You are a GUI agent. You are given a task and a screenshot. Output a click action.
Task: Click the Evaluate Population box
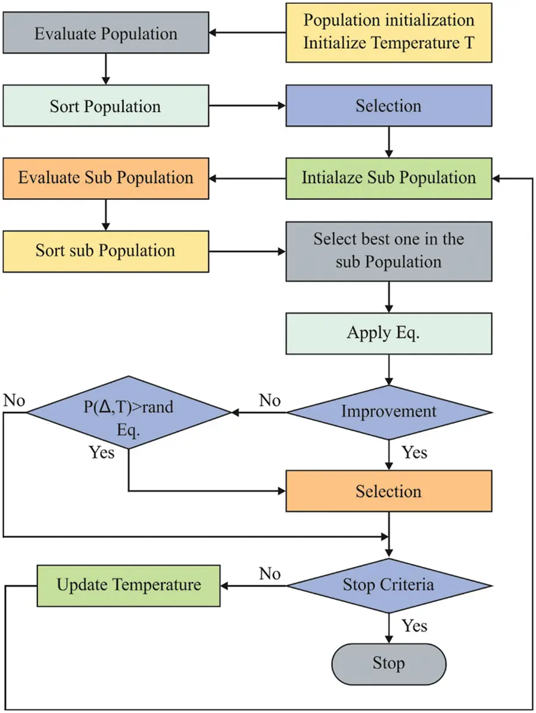105,33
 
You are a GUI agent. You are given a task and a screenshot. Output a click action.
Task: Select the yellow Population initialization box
389,32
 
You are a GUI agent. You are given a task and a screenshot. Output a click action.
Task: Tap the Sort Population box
105,106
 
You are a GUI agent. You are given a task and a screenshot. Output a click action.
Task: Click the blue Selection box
389,105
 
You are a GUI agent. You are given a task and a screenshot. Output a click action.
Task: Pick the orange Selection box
389,491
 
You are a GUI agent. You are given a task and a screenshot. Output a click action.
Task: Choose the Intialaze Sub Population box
389,178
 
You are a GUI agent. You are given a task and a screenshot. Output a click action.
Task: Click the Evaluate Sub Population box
105,178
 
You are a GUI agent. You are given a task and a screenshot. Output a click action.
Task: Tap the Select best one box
389,251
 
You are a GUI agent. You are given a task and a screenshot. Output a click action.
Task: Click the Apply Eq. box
389,334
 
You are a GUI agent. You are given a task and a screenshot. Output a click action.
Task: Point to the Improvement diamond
389,412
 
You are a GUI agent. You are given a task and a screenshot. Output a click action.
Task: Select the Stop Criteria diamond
389,585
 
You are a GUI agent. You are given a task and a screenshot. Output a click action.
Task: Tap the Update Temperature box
129,585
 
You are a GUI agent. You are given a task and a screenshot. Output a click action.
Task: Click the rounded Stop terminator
389,663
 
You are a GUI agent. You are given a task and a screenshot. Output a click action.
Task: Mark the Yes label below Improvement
415,453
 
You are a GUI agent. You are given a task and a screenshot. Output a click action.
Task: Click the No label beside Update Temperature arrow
269,574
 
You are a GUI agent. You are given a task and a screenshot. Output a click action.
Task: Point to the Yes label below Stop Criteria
415,626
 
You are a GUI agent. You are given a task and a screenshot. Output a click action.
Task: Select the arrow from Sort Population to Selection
247,106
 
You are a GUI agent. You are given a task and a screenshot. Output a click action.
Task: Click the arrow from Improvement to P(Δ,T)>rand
259,412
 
